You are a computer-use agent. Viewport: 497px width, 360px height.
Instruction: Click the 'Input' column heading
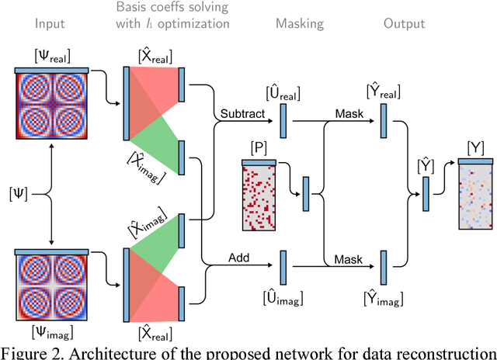[50, 23]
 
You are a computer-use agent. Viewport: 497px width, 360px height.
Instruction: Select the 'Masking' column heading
[299, 23]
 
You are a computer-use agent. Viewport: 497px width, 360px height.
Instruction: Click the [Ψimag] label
[50, 336]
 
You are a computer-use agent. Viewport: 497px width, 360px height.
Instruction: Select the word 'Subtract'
[240, 115]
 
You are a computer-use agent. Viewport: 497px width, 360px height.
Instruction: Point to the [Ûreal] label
[283, 95]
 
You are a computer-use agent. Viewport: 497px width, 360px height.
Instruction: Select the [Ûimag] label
[283, 296]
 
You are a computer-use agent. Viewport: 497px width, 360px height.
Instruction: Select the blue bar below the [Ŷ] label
[426, 189]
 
